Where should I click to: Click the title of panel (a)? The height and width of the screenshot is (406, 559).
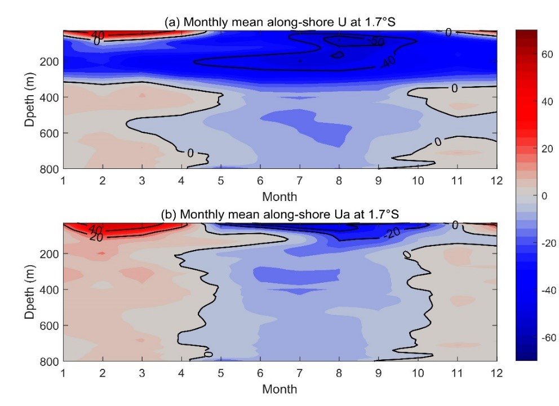(x=280, y=22)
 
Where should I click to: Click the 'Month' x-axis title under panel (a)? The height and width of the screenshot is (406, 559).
(x=279, y=197)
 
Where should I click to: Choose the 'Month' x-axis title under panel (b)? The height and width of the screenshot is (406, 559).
(x=279, y=389)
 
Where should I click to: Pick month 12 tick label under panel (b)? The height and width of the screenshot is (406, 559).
(x=496, y=373)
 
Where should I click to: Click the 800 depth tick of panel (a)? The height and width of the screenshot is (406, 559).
(x=47, y=169)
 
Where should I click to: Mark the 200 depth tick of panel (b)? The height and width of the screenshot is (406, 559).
(x=47, y=253)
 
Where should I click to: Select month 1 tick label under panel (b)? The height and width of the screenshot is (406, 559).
(x=63, y=373)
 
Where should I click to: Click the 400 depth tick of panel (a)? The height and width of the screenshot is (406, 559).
(x=47, y=97)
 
